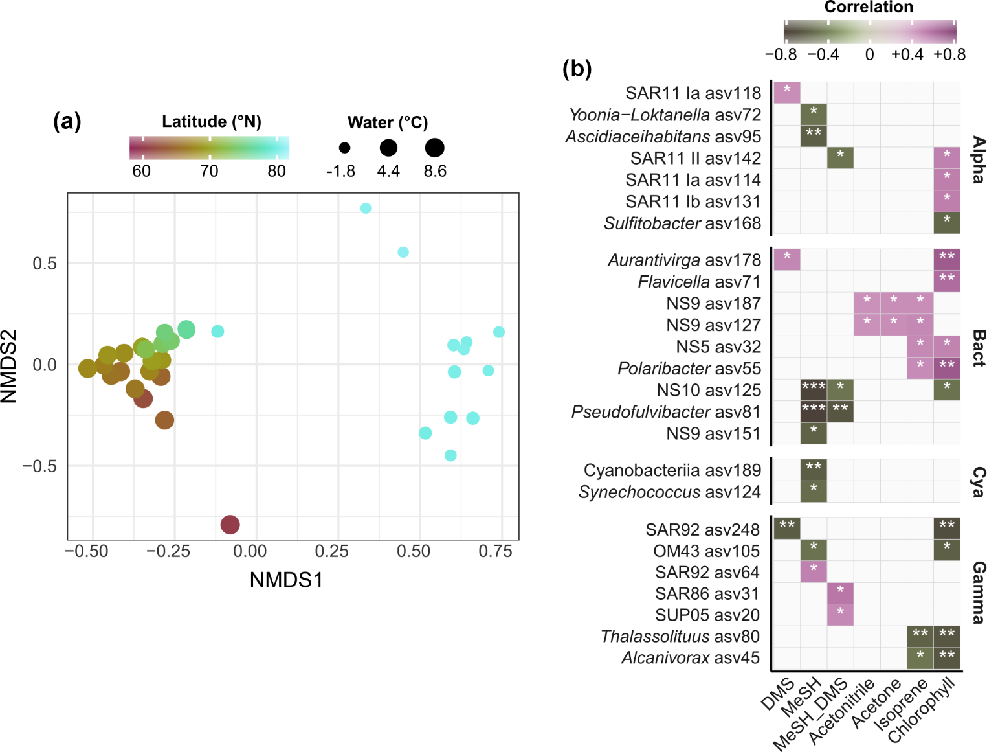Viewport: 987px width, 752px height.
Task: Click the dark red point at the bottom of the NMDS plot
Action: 230,524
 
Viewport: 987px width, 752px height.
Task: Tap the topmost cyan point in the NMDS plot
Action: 366,208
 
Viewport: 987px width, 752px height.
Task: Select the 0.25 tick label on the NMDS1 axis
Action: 332,551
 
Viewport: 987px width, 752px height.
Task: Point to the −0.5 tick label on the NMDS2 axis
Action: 39,466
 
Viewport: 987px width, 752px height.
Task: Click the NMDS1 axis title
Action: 286,580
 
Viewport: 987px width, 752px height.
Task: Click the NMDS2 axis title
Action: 9,367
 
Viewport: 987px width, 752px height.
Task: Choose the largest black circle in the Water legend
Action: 434,148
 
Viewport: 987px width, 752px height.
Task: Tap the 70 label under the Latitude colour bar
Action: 209,171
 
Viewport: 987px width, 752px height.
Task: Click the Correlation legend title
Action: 869,7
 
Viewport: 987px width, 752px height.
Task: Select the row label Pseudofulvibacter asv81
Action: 665,412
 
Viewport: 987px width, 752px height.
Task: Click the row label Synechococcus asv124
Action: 669,492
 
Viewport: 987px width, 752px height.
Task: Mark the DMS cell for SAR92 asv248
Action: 787,528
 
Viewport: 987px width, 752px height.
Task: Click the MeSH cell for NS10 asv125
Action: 814,390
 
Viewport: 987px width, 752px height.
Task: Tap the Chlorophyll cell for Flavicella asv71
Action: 947,281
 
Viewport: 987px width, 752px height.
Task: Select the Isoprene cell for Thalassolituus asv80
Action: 920,636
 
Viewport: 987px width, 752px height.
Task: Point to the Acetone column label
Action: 877,703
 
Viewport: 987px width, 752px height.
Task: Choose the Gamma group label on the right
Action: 978,592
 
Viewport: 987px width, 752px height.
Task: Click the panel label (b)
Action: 577,68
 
